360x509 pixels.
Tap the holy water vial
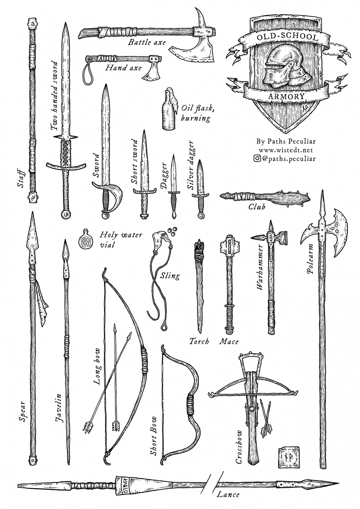click(x=85, y=239)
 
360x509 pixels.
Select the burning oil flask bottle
click(x=168, y=113)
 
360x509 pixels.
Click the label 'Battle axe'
click(x=147, y=42)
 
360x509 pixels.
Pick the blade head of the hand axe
click(x=151, y=72)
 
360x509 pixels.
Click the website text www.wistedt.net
click(x=286, y=150)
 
